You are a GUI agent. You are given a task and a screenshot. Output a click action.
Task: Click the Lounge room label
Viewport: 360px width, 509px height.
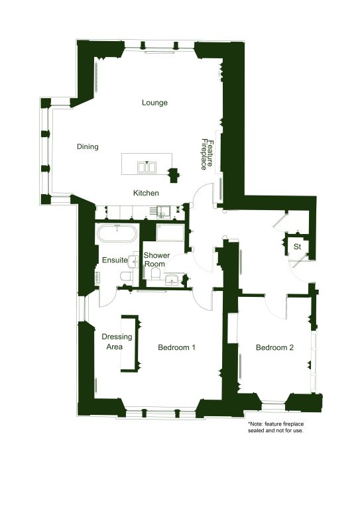154,103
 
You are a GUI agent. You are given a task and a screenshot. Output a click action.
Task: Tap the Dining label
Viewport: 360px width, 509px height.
88,146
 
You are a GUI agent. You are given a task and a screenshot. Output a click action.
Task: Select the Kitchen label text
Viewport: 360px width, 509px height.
146,193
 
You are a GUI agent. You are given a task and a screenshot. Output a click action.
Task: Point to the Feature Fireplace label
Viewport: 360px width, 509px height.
207,154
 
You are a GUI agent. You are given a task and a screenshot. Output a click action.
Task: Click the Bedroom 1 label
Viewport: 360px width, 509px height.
176,347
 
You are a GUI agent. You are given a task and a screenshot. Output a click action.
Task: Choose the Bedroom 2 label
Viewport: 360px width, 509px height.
274,348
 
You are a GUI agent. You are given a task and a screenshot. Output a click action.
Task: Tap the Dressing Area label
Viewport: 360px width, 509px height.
117,341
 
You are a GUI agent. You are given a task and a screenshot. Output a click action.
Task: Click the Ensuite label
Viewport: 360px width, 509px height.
115,260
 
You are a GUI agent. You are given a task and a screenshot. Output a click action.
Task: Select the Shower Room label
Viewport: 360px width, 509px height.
156,260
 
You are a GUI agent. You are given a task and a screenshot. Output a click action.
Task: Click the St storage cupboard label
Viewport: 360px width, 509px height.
297,247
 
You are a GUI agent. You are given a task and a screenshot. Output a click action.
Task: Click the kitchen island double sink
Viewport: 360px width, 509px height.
147,168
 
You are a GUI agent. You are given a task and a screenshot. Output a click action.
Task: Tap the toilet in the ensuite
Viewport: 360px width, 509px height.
126,276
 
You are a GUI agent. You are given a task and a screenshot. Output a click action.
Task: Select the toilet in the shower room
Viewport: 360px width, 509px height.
156,274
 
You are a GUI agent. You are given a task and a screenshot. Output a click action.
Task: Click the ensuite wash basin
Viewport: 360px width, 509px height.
134,261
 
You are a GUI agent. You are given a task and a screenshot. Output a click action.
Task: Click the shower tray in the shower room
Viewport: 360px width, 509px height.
170,233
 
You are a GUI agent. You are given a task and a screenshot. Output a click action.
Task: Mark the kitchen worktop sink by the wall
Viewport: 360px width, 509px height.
164,211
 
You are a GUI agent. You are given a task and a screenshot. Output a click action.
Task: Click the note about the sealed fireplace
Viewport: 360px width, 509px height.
276,427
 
